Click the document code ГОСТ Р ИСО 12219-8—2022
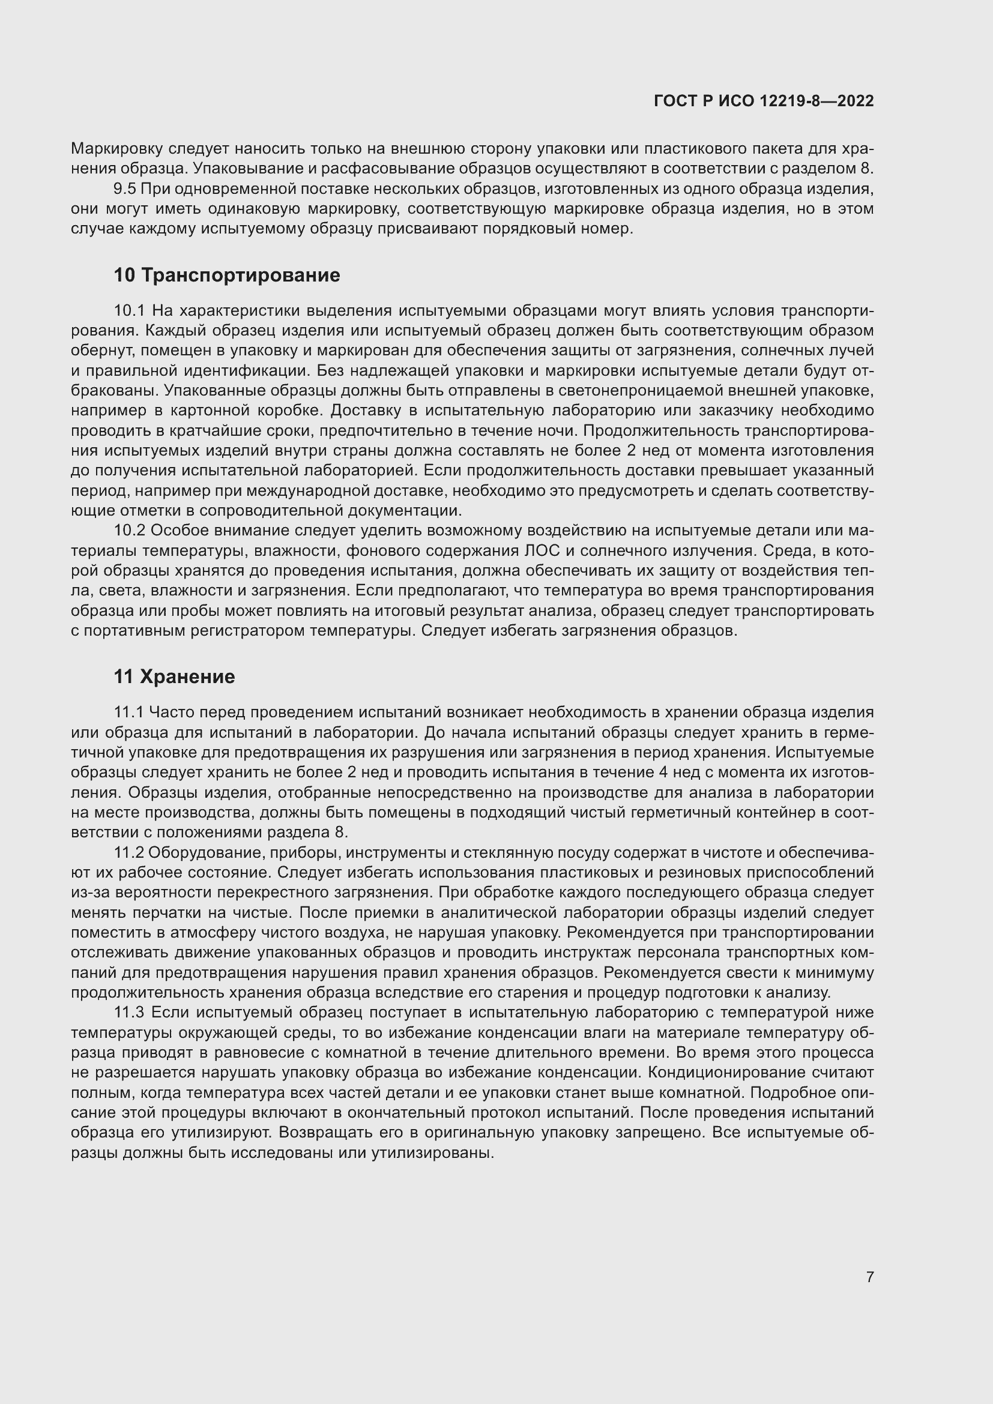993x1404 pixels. click(764, 101)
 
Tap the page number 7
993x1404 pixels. click(869, 1277)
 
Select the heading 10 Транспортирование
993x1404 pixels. click(227, 275)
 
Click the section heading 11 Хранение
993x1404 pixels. click(174, 677)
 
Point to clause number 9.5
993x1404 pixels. click(124, 189)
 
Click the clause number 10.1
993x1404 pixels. click(128, 311)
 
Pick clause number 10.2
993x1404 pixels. click(128, 531)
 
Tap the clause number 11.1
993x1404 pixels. click(128, 713)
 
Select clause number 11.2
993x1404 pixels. click(128, 852)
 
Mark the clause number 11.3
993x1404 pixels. click(129, 1013)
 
